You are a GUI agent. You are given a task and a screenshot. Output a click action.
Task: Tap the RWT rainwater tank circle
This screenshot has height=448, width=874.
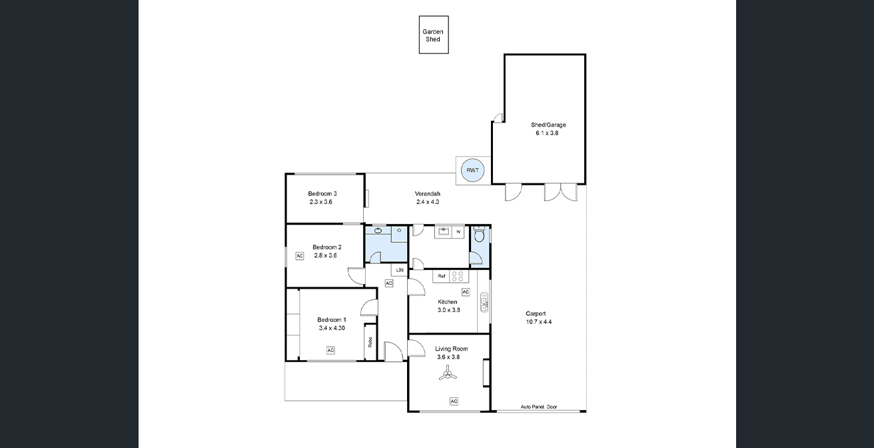[472, 170]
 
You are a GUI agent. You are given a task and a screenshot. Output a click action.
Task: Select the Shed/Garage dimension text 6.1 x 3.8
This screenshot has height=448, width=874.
[547, 133]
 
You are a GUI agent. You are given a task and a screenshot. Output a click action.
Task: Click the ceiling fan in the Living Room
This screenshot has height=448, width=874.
[448, 373]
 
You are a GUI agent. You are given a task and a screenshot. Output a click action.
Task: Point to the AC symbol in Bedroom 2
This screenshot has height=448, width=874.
[299, 256]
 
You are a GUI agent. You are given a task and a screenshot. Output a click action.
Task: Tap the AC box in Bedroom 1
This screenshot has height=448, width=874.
[330, 351]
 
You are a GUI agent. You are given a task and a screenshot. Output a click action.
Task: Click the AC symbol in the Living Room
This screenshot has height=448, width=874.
[454, 401]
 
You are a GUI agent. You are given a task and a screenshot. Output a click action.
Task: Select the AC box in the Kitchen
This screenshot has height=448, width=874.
[466, 292]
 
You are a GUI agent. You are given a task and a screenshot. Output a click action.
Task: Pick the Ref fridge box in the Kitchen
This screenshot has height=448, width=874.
[441, 276]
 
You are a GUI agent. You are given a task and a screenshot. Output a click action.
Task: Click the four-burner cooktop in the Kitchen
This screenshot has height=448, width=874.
[458, 276]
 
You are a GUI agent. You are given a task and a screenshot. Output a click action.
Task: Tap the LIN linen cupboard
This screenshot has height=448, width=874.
[400, 270]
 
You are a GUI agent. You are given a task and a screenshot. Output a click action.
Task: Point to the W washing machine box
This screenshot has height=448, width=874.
[458, 232]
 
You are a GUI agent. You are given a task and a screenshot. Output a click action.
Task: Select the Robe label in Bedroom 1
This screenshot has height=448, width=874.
[370, 342]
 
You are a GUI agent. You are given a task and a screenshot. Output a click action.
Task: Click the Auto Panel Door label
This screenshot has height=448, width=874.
[539, 407]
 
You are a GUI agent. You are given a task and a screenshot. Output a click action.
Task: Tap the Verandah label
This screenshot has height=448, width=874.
[427, 193]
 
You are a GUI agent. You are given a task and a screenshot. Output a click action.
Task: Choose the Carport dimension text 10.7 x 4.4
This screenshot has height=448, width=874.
[538, 322]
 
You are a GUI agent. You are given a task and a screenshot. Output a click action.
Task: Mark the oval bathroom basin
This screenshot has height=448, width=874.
[378, 231]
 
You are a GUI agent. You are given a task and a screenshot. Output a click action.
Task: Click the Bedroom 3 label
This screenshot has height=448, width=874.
[322, 193]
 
